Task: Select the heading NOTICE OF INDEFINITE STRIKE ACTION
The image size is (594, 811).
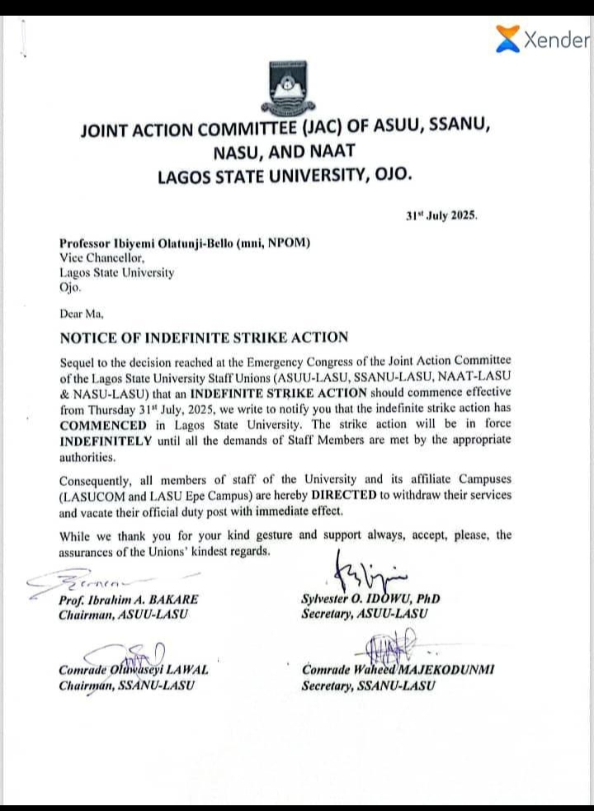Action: coord(204,337)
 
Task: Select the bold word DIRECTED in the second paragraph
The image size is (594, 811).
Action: coord(366,494)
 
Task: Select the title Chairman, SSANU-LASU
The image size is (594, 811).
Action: coord(126,685)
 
